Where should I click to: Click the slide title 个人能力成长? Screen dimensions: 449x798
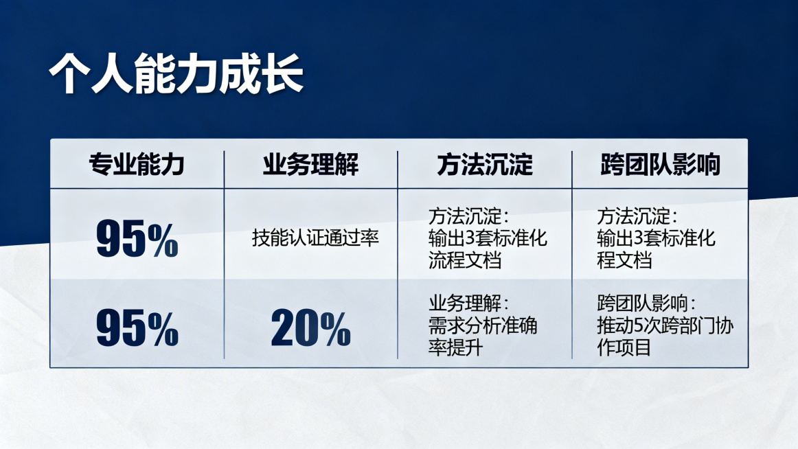[176, 72]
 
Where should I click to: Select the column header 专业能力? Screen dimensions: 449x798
[137, 165]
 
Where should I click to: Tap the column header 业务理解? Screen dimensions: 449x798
[310, 165]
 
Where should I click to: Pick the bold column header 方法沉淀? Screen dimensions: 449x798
[485, 165]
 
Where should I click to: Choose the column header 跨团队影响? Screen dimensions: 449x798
[660, 165]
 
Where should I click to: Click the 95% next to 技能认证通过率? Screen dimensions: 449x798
[137, 238]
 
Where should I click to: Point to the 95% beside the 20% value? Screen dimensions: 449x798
[137, 327]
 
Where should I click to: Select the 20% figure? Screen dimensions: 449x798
[310, 327]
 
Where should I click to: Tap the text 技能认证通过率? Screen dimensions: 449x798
[315, 238]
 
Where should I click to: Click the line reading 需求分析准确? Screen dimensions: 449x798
[482, 325]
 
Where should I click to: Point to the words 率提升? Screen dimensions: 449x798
[455, 347]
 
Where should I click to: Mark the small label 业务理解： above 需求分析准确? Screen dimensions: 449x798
[469, 303]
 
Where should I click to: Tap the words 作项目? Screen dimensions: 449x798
[624, 347]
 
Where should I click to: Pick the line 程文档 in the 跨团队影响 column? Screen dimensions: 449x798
[624, 260]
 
